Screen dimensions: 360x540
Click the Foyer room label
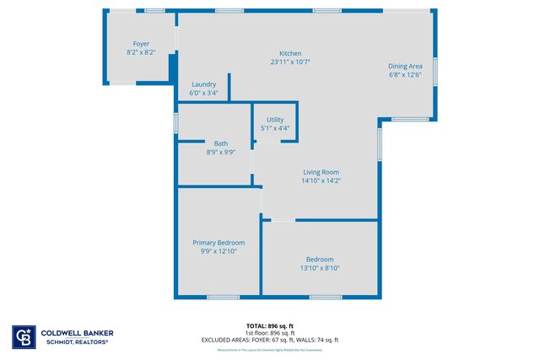click(x=140, y=44)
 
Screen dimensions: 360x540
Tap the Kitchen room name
click(x=291, y=53)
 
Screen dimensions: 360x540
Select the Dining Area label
click(x=405, y=66)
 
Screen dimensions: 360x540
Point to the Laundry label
click(x=204, y=84)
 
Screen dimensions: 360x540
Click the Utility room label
click(x=275, y=120)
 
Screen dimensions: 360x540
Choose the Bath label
click(x=220, y=143)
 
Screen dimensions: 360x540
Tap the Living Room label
click(x=321, y=172)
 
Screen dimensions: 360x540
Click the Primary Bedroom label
click(x=219, y=242)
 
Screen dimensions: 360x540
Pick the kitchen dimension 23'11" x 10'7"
click(x=291, y=62)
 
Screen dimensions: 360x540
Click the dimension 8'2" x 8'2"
click(x=140, y=52)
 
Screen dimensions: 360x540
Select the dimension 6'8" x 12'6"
click(x=405, y=74)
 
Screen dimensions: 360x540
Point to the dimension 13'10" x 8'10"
click(x=320, y=268)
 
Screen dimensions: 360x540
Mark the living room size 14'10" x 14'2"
click(x=321, y=180)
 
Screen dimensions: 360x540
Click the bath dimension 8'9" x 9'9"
click(x=220, y=153)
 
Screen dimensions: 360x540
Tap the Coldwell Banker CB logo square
click(x=23, y=337)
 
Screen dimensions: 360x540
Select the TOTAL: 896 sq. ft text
click(x=270, y=325)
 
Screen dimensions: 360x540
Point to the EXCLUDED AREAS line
click(x=270, y=340)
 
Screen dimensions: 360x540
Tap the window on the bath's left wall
click(x=175, y=122)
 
